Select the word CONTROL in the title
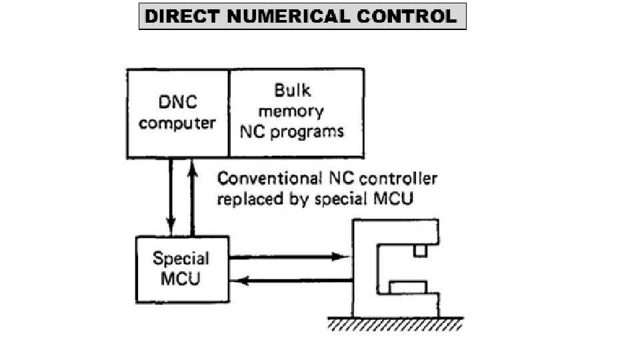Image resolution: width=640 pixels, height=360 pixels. click(407, 17)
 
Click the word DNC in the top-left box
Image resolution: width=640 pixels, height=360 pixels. click(178, 103)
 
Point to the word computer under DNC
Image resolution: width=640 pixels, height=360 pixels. click(178, 123)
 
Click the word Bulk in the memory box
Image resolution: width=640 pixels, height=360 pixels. click(293, 90)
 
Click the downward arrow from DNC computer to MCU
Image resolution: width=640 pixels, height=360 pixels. click(171, 193)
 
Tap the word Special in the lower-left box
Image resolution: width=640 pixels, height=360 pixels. click(181, 259)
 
